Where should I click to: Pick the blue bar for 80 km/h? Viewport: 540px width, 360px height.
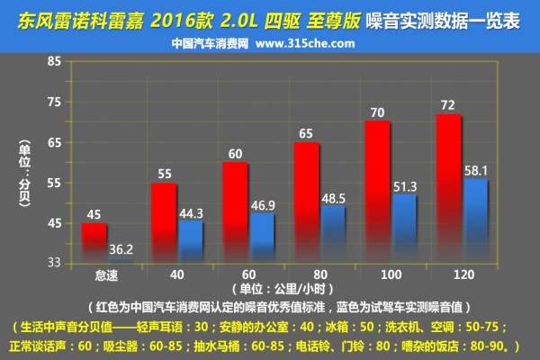(333, 233)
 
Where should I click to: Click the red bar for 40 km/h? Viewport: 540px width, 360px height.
(164, 221)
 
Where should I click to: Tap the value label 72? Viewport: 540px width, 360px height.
(448, 105)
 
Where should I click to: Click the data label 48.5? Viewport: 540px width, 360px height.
(333, 196)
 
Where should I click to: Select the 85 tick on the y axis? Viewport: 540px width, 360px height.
(53, 61)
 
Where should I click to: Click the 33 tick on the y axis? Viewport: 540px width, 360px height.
(53, 262)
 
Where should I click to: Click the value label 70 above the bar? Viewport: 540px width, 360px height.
(377, 112)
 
